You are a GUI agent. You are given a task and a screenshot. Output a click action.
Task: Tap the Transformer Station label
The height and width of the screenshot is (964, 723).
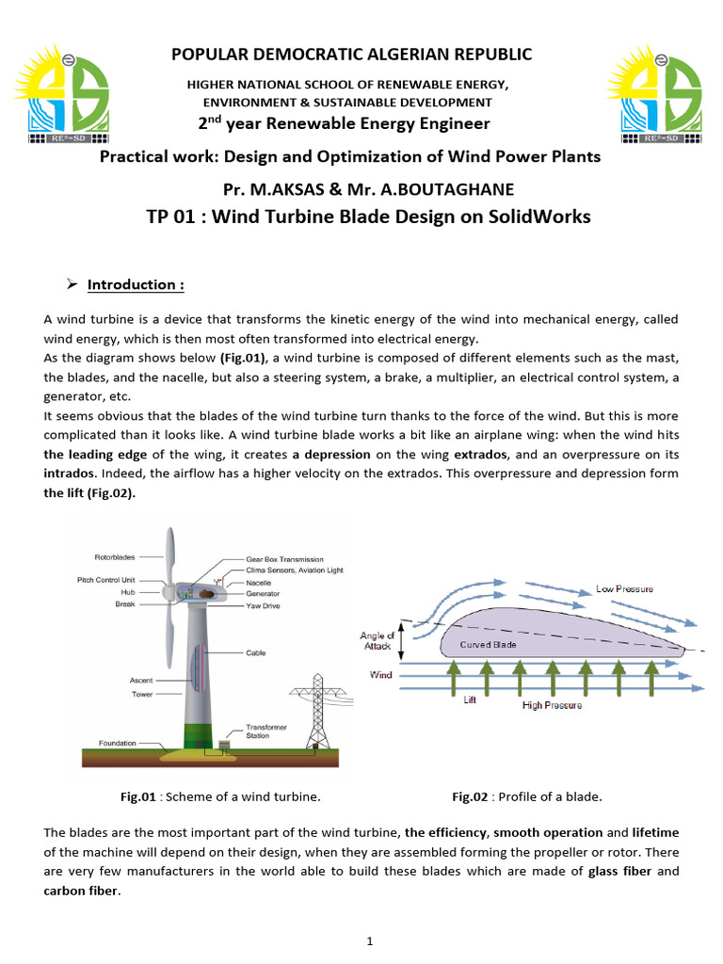point(266,731)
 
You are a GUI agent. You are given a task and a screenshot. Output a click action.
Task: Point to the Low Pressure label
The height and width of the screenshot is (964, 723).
point(625,588)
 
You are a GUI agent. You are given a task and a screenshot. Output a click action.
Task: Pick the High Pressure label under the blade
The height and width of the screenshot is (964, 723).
point(552,704)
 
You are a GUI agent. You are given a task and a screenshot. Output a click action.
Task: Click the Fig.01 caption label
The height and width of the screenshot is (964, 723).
point(137,796)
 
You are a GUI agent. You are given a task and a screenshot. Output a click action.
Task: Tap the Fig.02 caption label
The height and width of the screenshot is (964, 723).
point(470,796)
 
